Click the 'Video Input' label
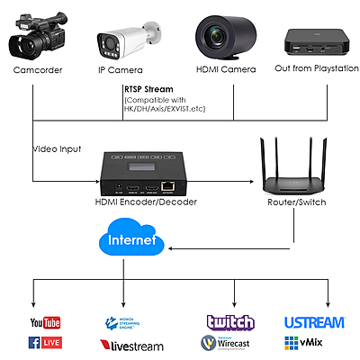coord(57,148)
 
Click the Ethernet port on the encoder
coord(169,186)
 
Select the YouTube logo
coord(44,322)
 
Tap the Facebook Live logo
coord(44,343)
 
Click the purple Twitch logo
coord(230,322)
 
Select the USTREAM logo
coord(314,322)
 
